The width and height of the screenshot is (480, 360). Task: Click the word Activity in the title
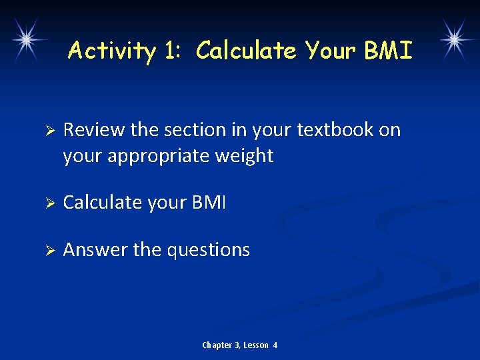tap(111, 51)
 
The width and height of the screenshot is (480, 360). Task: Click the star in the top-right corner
tap(453, 39)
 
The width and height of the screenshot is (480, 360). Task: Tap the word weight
tap(247, 157)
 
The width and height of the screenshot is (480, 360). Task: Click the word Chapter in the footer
tap(217, 345)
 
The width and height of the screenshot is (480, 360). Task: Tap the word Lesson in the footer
tap(256, 345)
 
